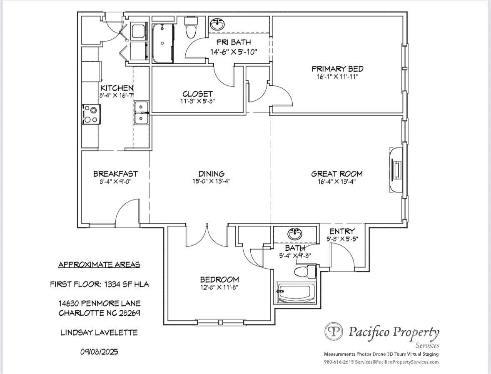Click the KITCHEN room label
[x=117, y=88]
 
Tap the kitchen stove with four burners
[x=92, y=115]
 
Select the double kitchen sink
[x=142, y=113]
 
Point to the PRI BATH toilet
[x=191, y=27]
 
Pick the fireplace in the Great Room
[x=396, y=170]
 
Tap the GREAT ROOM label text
[x=337, y=174]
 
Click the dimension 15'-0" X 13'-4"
[x=212, y=181]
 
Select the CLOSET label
[x=197, y=94]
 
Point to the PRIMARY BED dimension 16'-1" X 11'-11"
[x=337, y=77]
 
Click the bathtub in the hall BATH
[x=294, y=293]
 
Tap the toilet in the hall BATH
[x=305, y=271]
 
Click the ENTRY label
[x=342, y=231]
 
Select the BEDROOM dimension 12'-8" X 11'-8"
[x=219, y=287]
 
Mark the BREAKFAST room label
[x=115, y=174]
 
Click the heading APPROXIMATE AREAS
[x=99, y=265]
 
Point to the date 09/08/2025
[x=99, y=352]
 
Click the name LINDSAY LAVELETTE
[x=99, y=332]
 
